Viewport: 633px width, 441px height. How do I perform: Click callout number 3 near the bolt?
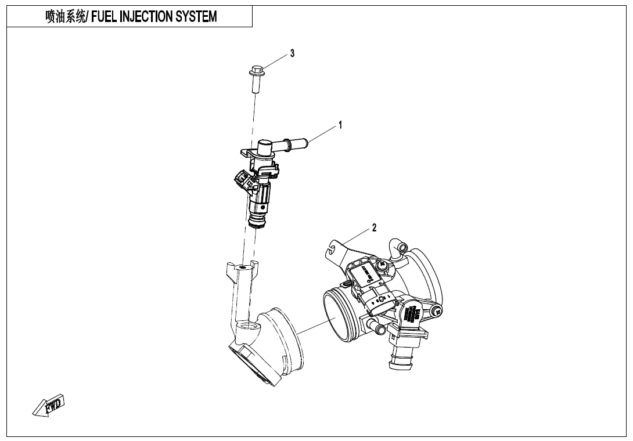click(x=292, y=53)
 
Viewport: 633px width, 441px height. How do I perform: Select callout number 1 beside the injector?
click(x=340, y=124)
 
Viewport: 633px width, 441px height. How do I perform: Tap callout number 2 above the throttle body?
click(x=374, y=227)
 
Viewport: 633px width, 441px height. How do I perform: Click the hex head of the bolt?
click(x=255, y=73)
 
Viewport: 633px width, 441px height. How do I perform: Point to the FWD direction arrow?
click(x=49, y=405)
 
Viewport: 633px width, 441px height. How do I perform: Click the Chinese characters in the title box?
click(x=66, y=17)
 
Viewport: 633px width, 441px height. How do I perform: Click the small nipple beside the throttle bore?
click(x=380, y=330)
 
